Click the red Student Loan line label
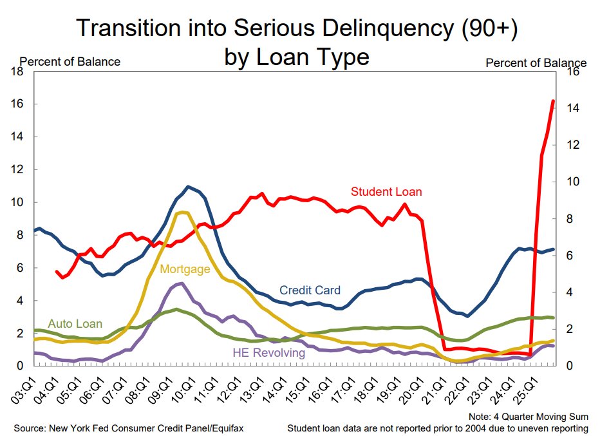click(x=386, y=191)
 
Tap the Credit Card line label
click(x=310, y=290)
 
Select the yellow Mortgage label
click(x=185, y=269)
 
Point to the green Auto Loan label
click(x=75, y=324)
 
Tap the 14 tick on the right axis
click(x=571, y=108)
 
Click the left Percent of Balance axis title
click(x=70, y=62)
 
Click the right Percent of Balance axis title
click(x=536, y=62)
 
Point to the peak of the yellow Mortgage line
click(x=182, y=212)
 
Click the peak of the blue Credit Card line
click(x=188, y=187)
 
